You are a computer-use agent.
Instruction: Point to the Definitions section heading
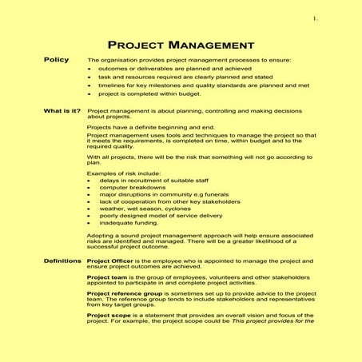61,261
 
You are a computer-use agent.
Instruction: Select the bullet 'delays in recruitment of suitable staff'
153,181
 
